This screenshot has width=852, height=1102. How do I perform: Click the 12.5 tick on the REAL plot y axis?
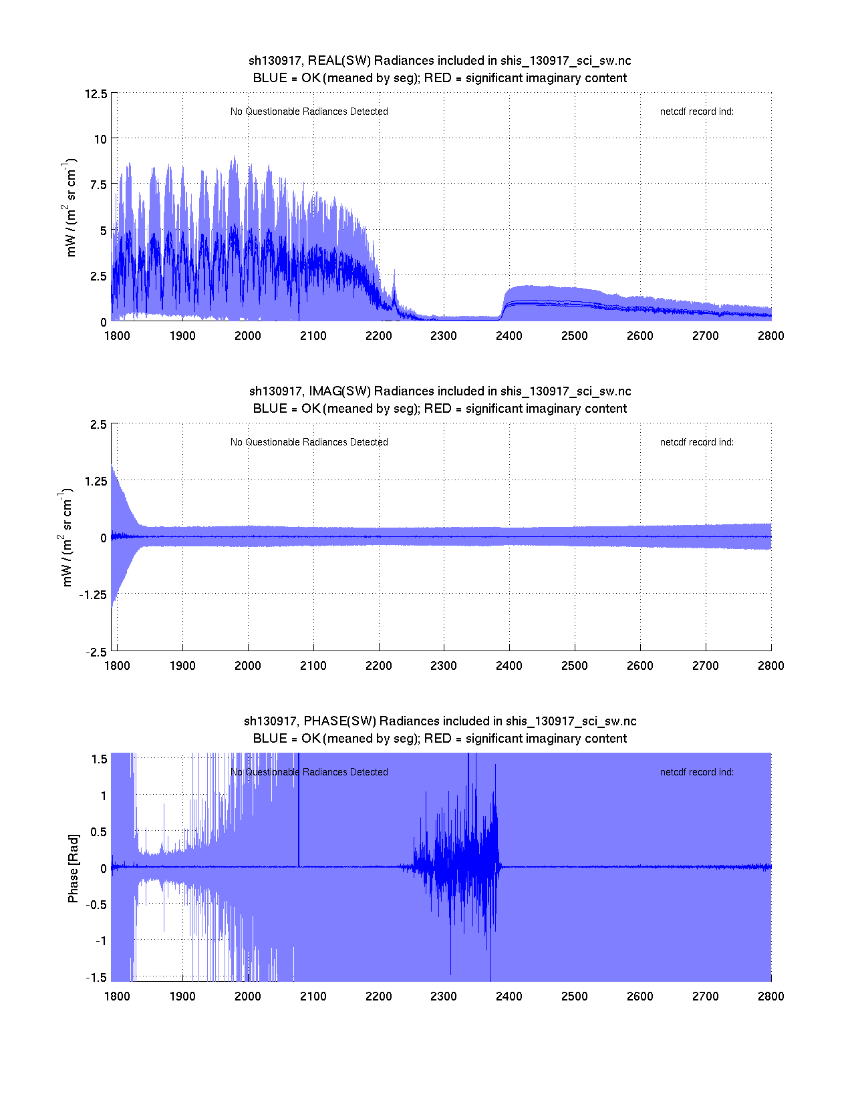pyautogui.click(x=96, y=94)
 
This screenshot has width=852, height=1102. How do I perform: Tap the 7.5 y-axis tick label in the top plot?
pyautogui.click(x=98, y=185)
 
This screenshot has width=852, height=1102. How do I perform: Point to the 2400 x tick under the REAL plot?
pyautogui.click(x=509, y=335)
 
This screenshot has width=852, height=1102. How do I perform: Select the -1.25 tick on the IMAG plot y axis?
pyautogui.click(x=92, y=595)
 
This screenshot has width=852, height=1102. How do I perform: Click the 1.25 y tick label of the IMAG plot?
pyautogui.click(x=96, y=482)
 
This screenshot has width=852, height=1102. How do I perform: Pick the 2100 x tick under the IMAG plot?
pyautogui.click(x=313, y=666)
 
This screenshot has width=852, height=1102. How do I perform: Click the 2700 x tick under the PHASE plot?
pyautogui.click(x=706, y=996)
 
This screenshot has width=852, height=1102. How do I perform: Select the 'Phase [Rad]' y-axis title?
pyautogui.click(x=73, y=868)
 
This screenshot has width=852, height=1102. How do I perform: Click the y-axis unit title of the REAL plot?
pyautogui.click(x=70, y=208)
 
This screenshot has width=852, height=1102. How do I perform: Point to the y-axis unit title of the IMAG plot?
pyautogui.click(x=67, y=538)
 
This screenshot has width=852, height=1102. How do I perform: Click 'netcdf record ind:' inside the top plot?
pyautogui.click(x=696, y=112)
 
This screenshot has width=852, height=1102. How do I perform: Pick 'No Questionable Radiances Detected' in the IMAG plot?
pyautogui.click(x=309, y=442)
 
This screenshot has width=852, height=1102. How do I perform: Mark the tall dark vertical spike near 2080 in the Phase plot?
pyautogui.click(x=299, y=808)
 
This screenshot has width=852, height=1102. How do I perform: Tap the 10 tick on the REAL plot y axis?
pyautogui.click(x=100, y=139)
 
